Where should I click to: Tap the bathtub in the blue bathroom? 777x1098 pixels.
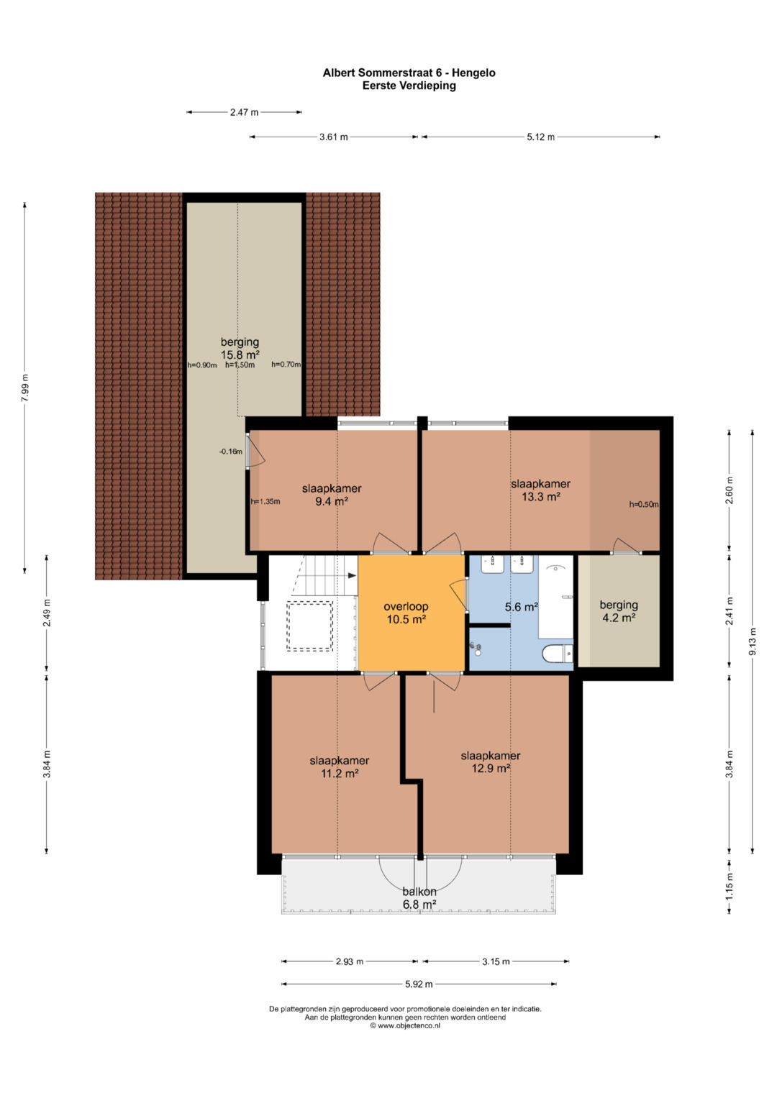coord(555,597)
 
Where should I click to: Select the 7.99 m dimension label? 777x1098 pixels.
coord(25,388)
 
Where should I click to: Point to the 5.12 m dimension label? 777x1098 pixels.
coord(540,137)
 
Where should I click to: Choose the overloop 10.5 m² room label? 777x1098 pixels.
coord(406,613)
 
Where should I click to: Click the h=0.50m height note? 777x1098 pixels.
coord(644,504)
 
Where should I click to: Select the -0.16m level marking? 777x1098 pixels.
coord(230,452)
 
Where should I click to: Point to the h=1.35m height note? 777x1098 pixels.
coord(265,501)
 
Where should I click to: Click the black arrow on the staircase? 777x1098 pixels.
coord(352,575)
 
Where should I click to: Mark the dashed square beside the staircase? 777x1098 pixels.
coord(309,626)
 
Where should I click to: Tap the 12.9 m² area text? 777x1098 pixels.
coord(491,768)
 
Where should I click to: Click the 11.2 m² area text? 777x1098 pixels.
coord(339,773)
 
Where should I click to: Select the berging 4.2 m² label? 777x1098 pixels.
coord(619,610)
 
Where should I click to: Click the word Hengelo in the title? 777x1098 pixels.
coord(473,73)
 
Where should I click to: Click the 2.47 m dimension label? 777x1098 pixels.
coord(245,112)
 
